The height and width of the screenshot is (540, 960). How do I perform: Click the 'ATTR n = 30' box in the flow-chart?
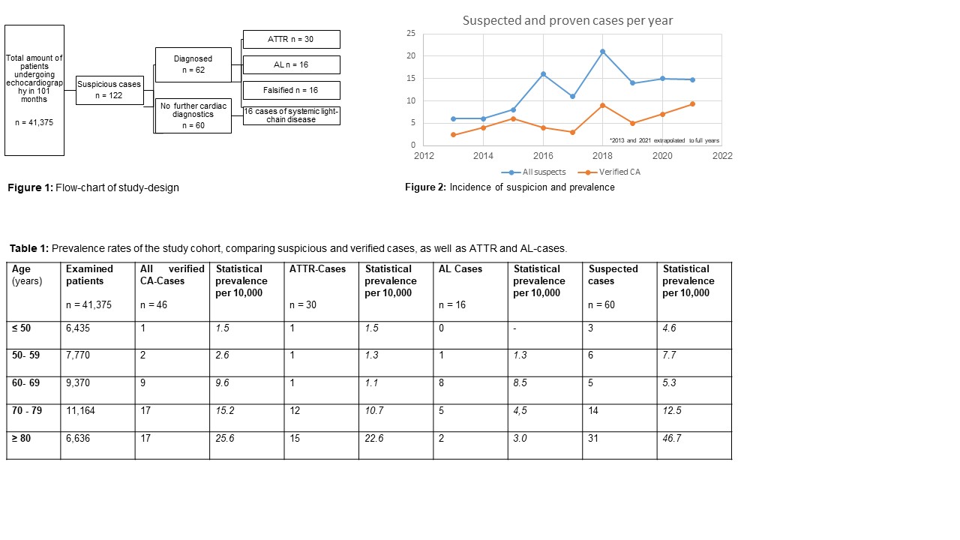[292, 40]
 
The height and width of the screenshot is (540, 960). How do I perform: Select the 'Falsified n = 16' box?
[292, 91]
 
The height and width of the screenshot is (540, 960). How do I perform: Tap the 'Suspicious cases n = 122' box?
[109, 91]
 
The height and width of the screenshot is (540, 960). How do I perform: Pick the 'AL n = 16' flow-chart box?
[292, 64]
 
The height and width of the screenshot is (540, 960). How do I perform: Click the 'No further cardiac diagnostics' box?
[193, 115]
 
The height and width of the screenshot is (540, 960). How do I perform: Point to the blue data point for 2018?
[602, 52]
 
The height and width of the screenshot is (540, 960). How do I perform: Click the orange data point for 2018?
[602, 106]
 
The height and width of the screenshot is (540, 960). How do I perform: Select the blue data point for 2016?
[544, 74]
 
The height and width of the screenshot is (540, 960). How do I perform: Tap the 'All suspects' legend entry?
[533, 172]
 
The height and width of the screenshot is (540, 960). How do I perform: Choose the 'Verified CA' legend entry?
[609, 172]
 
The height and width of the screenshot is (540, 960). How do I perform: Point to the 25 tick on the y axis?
[411, 34]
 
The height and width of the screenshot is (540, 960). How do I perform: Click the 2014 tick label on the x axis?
[483, 156]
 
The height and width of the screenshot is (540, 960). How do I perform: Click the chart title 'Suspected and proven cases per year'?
[568, 20]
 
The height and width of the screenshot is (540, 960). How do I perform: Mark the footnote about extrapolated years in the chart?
[664, 140]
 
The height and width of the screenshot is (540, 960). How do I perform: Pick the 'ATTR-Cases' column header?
[317, 269]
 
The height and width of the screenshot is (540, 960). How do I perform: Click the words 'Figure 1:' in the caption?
[31, 187]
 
